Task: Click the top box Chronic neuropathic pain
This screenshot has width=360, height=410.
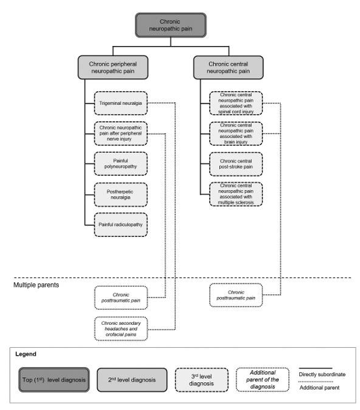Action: pos(171,25)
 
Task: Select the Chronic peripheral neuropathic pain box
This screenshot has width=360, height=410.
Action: pos(113,67)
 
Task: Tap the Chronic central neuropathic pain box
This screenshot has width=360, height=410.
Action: pos(228,67)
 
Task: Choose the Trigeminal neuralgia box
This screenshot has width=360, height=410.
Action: pos(120,103)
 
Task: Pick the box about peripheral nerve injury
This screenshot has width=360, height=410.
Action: pos(120,133)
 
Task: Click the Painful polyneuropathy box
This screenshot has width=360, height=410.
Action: pos(120,164)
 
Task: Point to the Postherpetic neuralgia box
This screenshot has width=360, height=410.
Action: pos(120,195)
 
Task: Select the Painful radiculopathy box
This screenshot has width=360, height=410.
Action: pos(120,225)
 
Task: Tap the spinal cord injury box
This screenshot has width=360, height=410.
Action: pos(235,103)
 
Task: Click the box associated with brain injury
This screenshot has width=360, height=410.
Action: pos(235,133)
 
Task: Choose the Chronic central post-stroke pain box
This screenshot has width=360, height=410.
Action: pos(235,164)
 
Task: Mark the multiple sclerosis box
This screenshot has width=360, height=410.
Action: pos(235,194)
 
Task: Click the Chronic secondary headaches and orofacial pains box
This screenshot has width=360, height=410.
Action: pos(120,329)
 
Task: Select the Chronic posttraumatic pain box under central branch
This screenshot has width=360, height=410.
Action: pos(235,295)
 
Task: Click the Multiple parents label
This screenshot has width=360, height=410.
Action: pos(36,285)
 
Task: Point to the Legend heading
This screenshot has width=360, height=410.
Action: pos(26,354)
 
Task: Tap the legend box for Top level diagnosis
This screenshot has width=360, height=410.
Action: pos(54,380)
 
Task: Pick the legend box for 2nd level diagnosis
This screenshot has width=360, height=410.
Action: pos(132,380)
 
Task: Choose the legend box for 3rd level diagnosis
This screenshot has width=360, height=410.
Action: pos(202,380)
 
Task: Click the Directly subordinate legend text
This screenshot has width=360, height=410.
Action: pos(322,374)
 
